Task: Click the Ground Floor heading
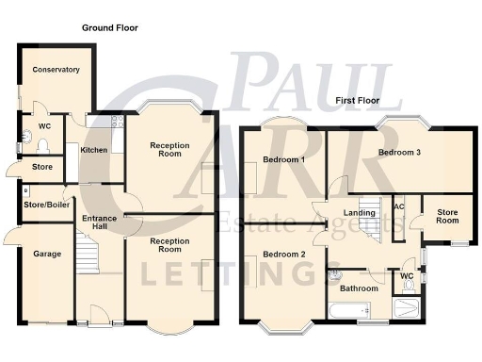pyautogui.click(x=109, y=28)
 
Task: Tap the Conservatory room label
pyautogui.click(x=56, y=70)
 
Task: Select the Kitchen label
pyautogui.click(x=94, y=150)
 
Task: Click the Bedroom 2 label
pyautogui.click(x=283, y=255)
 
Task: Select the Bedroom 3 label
pyautogui.click(x=399, y=153)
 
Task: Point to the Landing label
pyautogui.click(x=360, y=213)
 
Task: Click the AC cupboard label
pyautogui.click(x=399, y=207)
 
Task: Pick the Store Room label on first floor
pyautogui.click(x=447, y=217)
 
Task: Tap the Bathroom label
pyautogui.click(x=359, y=288)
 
